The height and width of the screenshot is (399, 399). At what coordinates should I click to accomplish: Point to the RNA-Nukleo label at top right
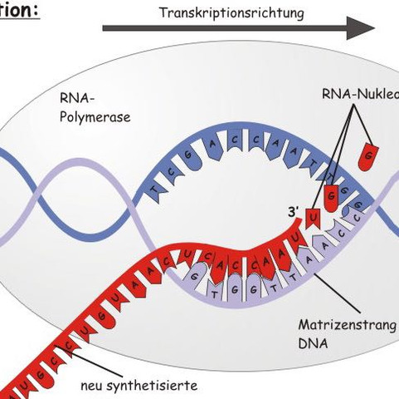tap(359, 94)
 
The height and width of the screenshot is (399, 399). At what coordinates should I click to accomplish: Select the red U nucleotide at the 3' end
tap(313, 220)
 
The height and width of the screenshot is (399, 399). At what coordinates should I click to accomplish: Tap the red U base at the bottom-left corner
tap(7, 384)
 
